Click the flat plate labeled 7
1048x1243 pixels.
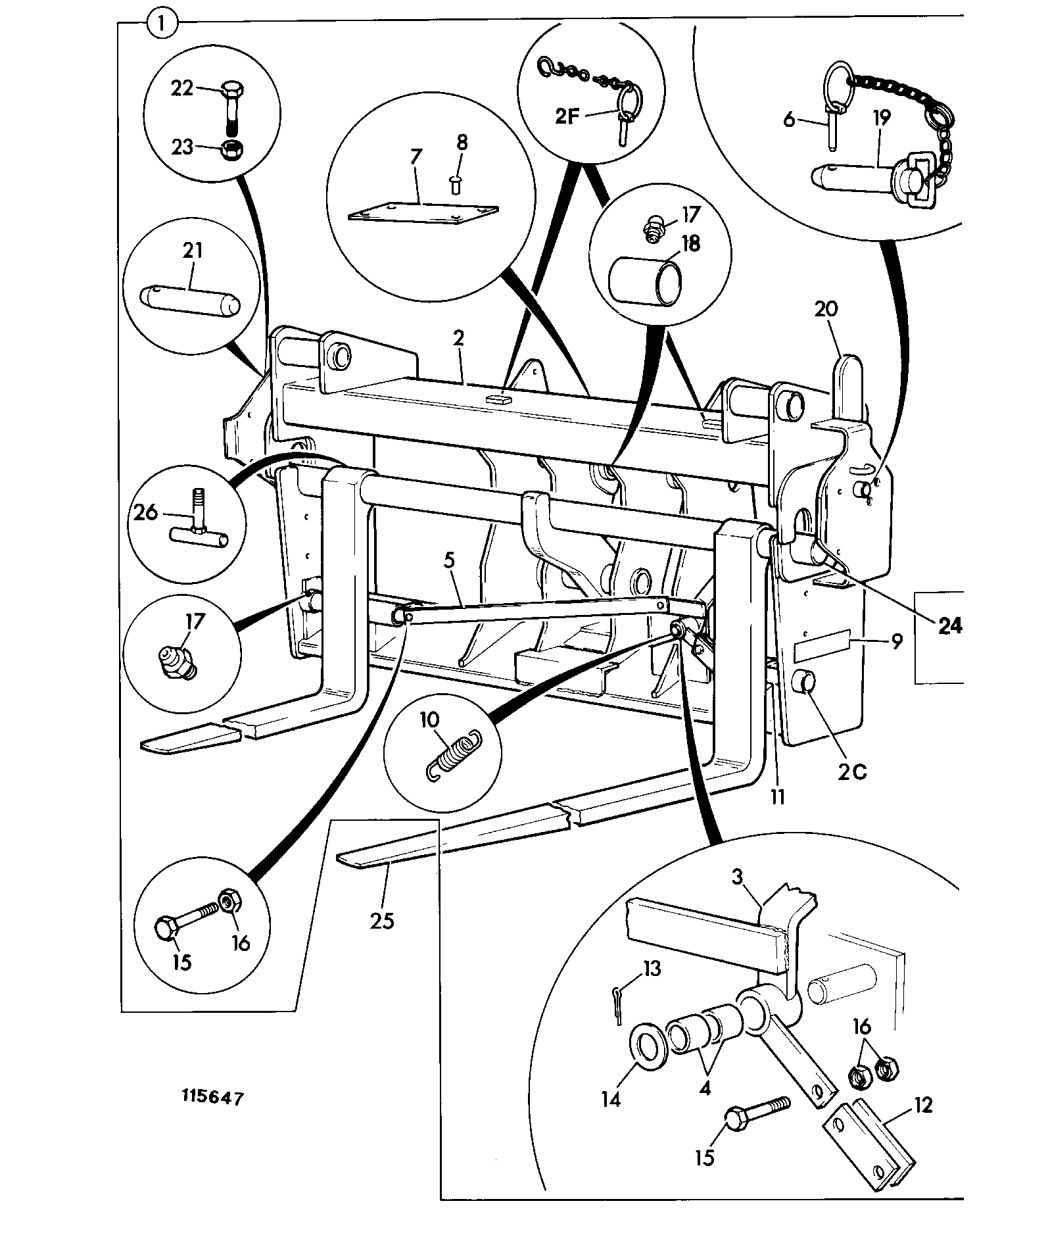coord(423,212)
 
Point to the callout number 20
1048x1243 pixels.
coord(826,309)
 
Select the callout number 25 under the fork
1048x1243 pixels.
coord(382,920)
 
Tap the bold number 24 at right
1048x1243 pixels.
coord(949,626)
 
